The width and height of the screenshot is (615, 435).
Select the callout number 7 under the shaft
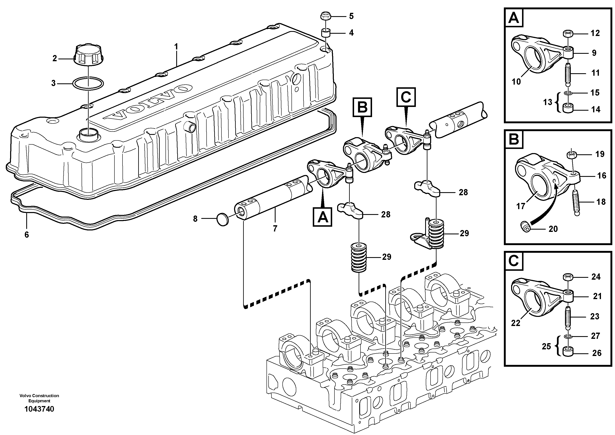(x=275, y=229)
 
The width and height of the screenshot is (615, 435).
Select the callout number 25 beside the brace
(x=546, y=346)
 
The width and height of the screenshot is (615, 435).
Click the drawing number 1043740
(x=39, y=409)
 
